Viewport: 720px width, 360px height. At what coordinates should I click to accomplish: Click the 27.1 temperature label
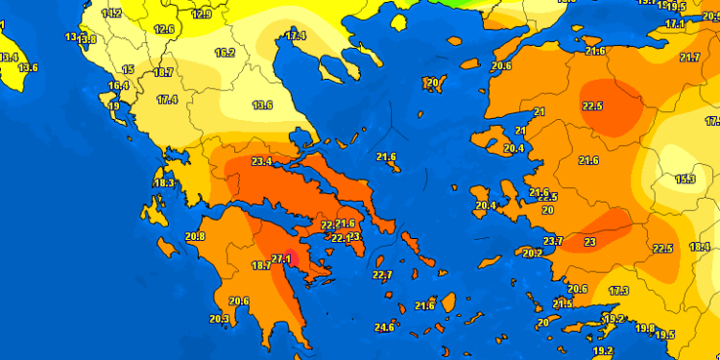click(282, 258)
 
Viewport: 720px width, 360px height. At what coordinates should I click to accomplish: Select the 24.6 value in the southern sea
click(384, 327)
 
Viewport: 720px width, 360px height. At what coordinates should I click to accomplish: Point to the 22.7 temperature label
click(382, 276)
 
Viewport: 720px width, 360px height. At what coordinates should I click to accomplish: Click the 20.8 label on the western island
click(195, 236)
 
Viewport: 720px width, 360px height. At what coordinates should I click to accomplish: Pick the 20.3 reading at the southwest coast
click(219, 319)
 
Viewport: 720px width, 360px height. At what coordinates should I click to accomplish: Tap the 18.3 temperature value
click(164, 183)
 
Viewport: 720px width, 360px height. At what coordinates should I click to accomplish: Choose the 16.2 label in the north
click(225, 53)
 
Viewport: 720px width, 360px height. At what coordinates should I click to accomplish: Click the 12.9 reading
click(202, 14)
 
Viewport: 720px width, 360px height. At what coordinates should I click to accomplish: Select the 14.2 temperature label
click(112, 13)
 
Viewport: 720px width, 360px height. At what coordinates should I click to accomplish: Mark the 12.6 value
click(164, 30)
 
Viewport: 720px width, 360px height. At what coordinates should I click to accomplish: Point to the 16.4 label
click(118, 86)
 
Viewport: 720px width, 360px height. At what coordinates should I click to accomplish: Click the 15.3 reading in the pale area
click(685, 180)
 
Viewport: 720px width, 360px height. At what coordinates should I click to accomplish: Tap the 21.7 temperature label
click(689, 58)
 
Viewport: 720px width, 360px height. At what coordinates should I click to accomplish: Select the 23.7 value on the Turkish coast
click(553, 241)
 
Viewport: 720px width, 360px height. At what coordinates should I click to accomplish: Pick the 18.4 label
click(700, 247)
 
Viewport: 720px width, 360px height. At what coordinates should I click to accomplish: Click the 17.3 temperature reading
click(618, 291)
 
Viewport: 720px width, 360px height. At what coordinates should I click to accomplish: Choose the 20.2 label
click(532, 253)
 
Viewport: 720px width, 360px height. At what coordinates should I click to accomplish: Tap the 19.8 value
click(645, 328)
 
